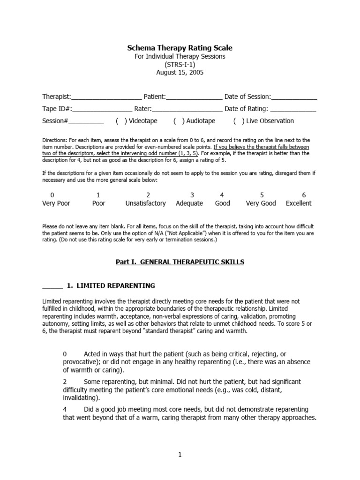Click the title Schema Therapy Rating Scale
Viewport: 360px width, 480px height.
180,48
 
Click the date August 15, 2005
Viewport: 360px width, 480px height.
180,73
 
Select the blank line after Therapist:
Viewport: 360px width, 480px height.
106,97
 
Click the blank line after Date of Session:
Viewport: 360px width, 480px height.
294,97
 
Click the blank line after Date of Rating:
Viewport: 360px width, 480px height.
293,110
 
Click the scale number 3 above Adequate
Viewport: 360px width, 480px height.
192,195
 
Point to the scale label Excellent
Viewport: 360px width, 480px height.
299,203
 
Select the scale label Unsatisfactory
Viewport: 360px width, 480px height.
145,203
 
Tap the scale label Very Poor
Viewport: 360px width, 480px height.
56,203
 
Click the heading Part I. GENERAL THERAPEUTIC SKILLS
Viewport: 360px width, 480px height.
180,262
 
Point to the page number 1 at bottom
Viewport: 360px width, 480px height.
180,454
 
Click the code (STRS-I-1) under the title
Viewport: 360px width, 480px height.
180,64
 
